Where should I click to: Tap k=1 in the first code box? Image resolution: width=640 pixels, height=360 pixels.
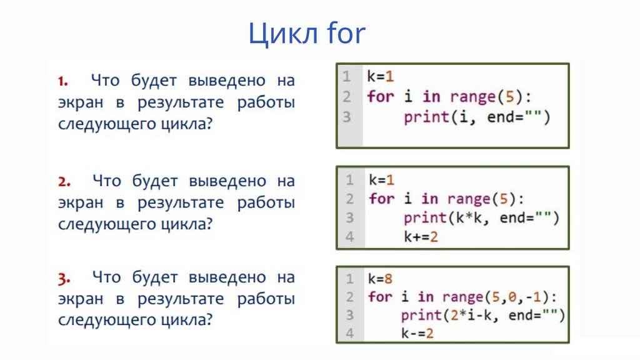[382, 77]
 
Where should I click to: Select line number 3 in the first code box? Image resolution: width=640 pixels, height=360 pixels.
[347, 117]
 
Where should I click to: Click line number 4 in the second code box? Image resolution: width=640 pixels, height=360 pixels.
[349, 237]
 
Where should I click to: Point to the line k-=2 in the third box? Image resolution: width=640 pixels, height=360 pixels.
[417, 334]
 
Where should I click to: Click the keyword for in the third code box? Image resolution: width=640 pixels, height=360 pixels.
[380, 296]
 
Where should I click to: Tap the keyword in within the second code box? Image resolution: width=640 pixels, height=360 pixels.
[429, 199]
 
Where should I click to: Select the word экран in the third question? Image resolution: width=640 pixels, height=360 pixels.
[81, 299]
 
